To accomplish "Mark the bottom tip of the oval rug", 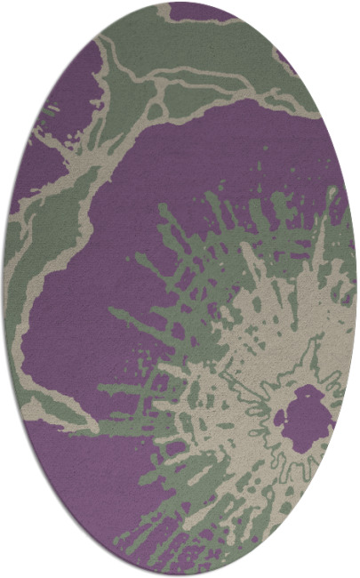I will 180,574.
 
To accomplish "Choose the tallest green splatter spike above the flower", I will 164,213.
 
